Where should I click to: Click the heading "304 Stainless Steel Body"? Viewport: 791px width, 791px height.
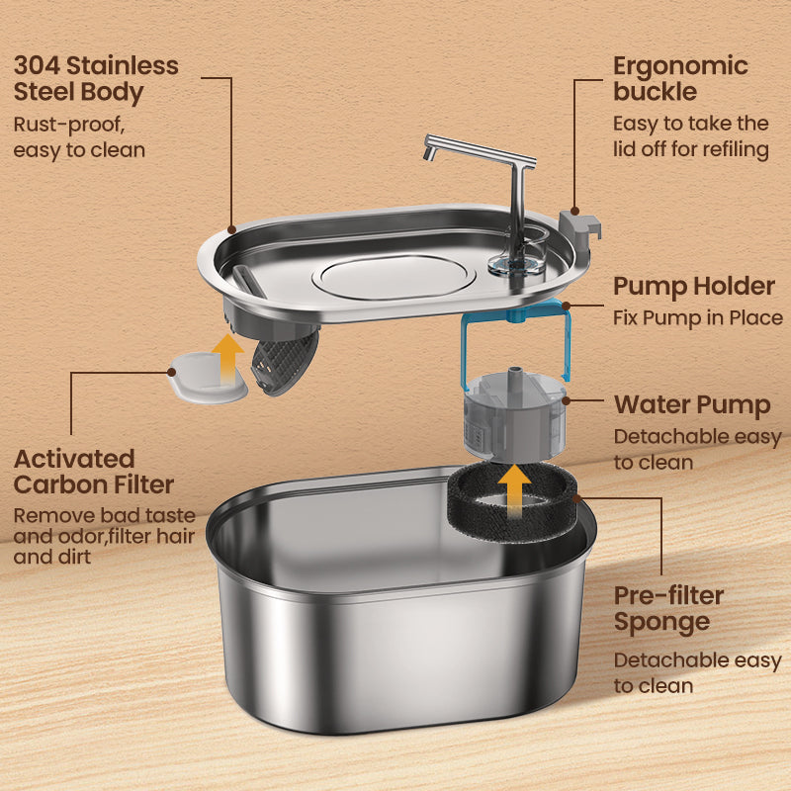(96, 79)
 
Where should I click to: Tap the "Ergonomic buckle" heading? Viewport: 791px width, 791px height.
(680, 79)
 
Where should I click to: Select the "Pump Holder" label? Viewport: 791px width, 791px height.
(693, 287)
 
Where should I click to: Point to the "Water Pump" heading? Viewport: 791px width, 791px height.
(692, 405)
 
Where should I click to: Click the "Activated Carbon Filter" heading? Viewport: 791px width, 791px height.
(94, 472)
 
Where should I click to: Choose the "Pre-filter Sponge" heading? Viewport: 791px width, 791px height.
(668, 608)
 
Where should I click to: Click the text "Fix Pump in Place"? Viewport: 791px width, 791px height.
(698, 318)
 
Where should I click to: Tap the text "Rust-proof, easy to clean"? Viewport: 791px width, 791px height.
(79, 137)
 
